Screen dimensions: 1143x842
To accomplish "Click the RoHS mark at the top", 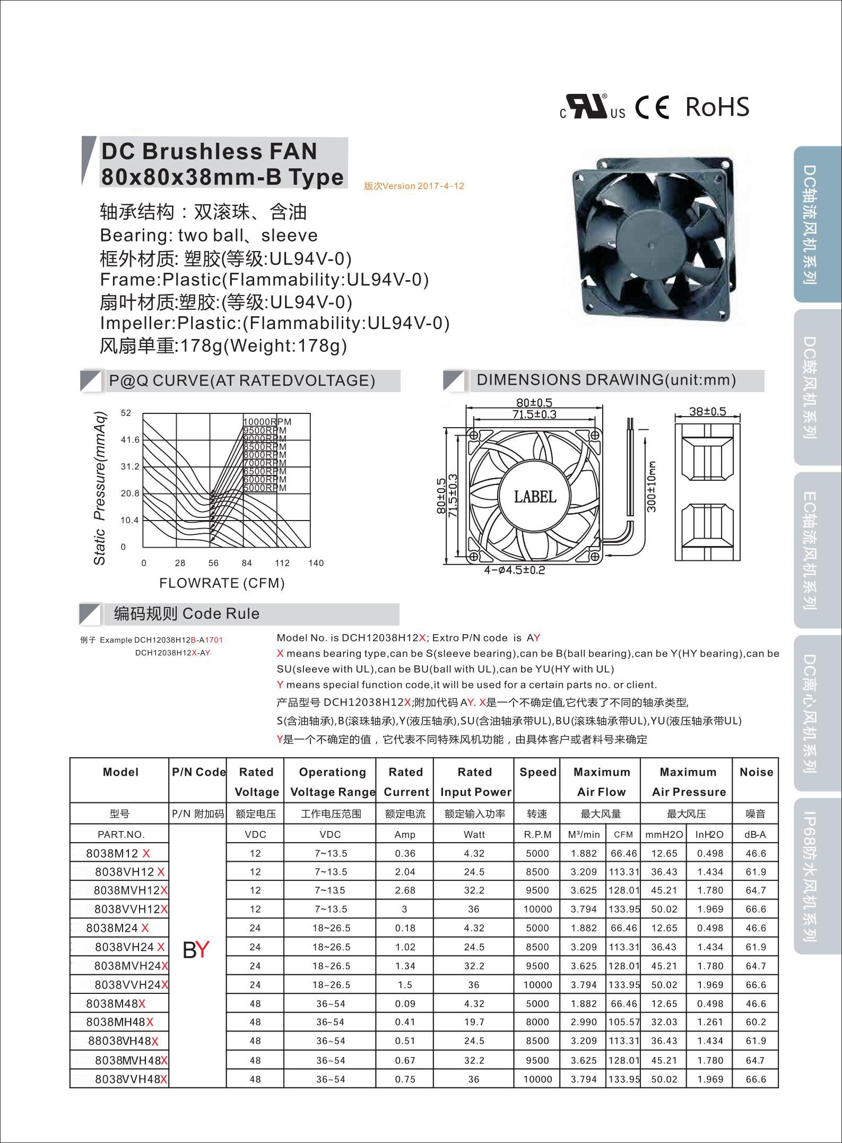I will [x=717, y=107].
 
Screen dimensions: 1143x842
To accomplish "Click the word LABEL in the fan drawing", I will [x=535, y=497].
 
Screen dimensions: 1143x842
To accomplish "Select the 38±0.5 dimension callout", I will [x=707, y=412].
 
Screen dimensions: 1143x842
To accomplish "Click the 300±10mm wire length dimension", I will [x=652, y=486].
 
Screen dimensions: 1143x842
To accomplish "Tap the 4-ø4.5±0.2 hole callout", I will [x=514, y=570].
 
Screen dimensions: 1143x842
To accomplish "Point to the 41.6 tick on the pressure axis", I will [x=130, y=440].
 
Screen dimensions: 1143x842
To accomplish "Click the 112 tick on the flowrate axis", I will [x=282, y=563].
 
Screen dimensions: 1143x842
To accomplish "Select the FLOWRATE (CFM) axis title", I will [x=222, y=583].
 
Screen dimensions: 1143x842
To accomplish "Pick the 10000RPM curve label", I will [x=267, y=422].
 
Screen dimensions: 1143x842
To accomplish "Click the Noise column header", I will [x=756, y=772].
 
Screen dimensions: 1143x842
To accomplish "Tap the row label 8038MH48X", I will [x=120, y=1022].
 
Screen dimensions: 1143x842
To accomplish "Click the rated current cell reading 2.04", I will [x=405, y=872].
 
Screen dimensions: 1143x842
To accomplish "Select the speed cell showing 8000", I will [x=537, y=1022].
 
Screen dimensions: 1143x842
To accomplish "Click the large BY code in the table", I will [x=196, y=950].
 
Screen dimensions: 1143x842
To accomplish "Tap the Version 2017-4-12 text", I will [x=414, y=186].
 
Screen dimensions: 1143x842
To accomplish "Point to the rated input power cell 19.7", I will [x=474, y=1022].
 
